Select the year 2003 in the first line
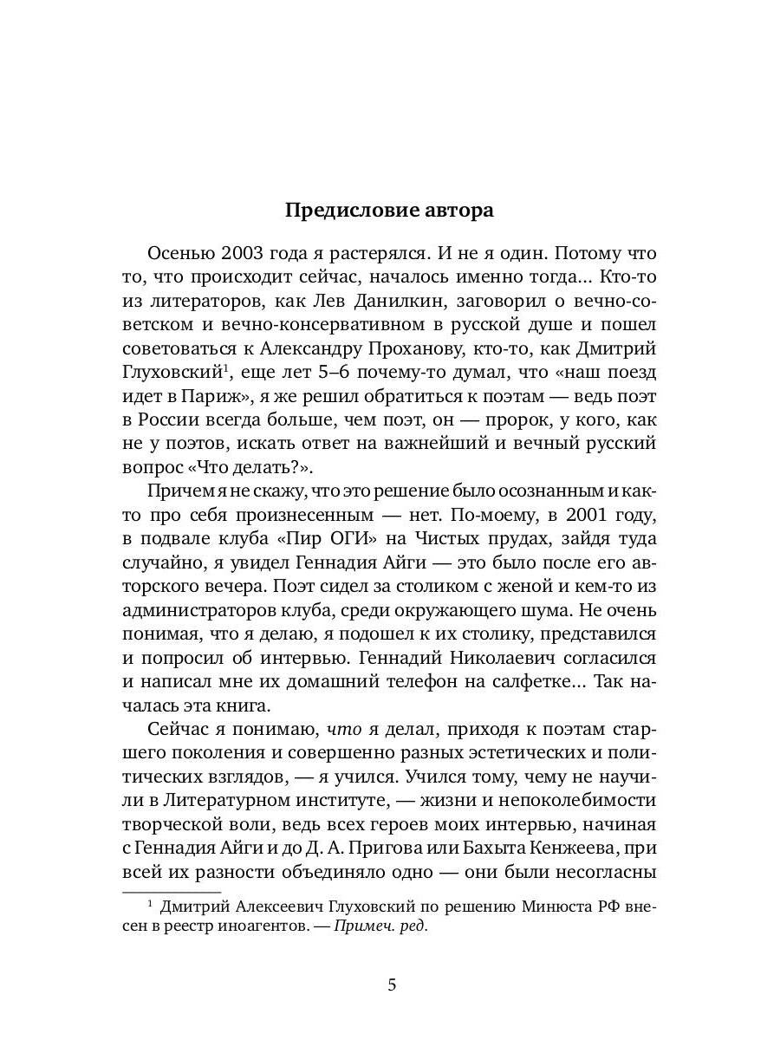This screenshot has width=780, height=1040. point(250,255)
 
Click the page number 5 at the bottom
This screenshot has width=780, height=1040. point(391,985)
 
